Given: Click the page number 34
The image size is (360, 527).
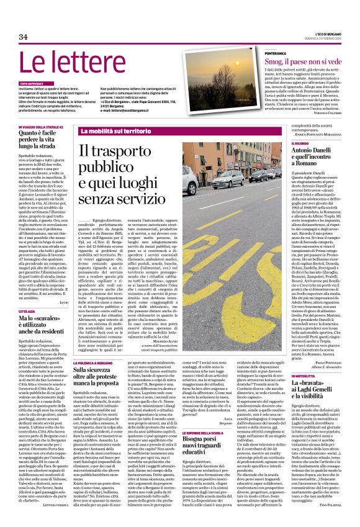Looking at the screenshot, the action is tap(24, 37).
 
